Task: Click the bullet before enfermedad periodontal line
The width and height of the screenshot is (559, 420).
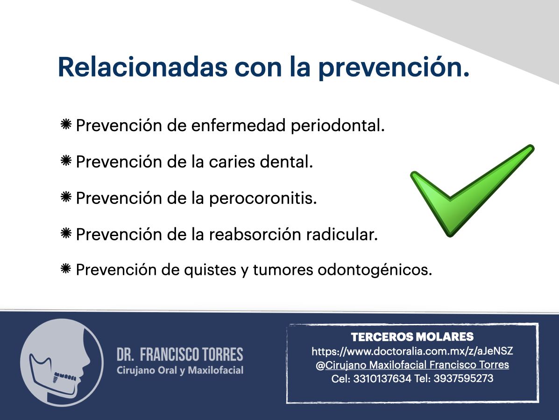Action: [66, 126]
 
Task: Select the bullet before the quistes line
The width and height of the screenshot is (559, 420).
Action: [66, 269]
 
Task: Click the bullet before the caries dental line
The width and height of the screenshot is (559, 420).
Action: [66, 161]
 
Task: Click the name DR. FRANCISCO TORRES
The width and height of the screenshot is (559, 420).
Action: [180, 355]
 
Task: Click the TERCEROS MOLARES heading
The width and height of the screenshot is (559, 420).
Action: [412, 337]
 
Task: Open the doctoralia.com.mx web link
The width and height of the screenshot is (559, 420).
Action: [412, 351]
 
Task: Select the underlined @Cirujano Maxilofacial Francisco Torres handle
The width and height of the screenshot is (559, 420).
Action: [417, 365]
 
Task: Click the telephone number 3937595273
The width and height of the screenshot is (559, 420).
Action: [463, 379]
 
